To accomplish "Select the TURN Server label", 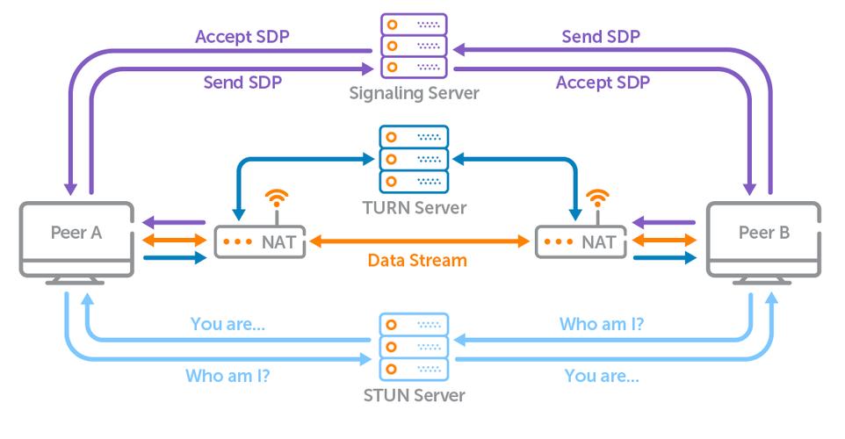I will pyautogui.click(x=414, y=208).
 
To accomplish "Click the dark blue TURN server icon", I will pyautogui.click(x=414, y=159).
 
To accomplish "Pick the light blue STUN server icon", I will pyautogui.click(x=413, y=346).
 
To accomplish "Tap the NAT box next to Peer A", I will pyautogui.click(x=261, y=241).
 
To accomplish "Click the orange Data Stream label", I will pyautogui.click(x=415, y=261).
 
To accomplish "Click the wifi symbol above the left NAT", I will pyautogui.click(x=277, y=198).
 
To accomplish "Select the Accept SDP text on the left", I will pyautogui.click(x=242, y=37).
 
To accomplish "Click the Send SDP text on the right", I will pyautogui.click(x=600, y=37).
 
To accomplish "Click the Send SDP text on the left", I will pyautogui.click(x=242, y=83).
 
